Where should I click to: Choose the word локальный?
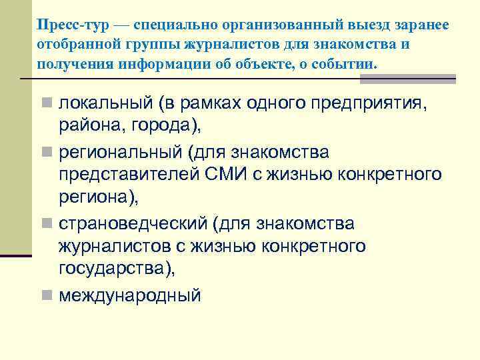coord(105,105)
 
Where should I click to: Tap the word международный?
coord(129,295)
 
